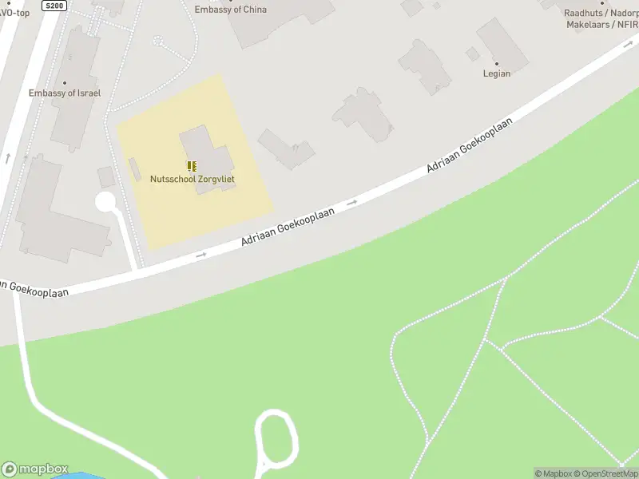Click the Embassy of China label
pyautogui.click(x=231, y=10)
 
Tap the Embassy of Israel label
pyautogui.click(x=65, y=93)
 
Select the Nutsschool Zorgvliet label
pyautogui.click(x=192, y=180)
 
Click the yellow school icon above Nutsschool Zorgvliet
pyautogui.click(x=192, y=166)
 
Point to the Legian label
pyautogui.click(x=497, y=73)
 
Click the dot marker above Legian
pyautogui.click(x=497, y=63)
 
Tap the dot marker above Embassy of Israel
pyautogui.click(x=65, y=83)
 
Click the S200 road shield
pyautogui.click(x=54, y=6)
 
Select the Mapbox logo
pyautogui.click(x=35, y=469)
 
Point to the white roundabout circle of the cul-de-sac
pyautogui.click(x=105, y=202)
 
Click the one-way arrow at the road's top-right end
pyautogui.click(x=628, y=45)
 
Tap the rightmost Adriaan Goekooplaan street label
pyautogui.click(x=469, y=144)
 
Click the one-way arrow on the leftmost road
pyautogui.click(x=8, y=157)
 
